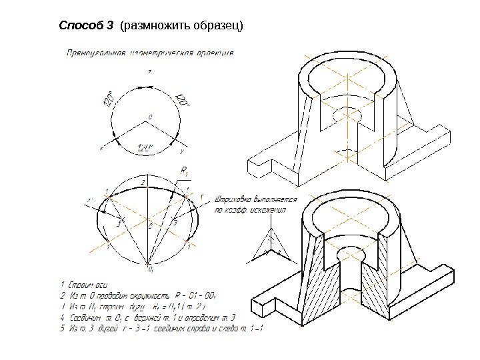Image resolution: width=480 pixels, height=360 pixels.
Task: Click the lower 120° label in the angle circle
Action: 145,147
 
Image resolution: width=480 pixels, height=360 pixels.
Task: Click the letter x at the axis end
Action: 102,148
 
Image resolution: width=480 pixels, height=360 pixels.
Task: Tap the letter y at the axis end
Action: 182,151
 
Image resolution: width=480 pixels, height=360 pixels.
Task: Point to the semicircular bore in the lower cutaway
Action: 351,253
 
